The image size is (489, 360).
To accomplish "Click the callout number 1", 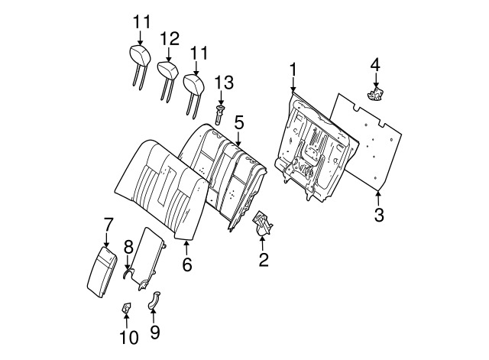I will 293,70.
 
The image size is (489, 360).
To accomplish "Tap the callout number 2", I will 263,260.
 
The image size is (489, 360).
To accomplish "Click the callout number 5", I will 239,122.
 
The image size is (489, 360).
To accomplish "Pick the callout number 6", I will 186,264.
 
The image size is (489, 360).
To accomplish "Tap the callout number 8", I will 128,246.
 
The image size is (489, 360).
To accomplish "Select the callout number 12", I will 170,38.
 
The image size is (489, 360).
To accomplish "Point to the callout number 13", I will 222,83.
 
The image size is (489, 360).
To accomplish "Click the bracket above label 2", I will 264,224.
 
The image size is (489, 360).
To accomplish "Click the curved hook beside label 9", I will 153,300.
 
